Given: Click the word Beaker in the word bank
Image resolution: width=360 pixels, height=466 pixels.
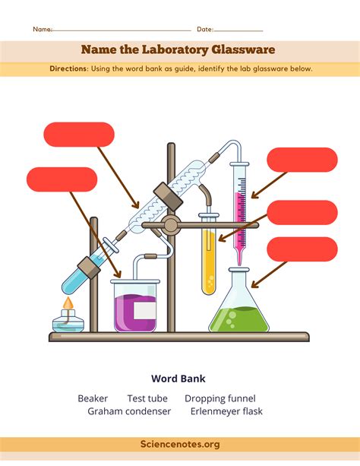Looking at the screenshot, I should pos(93,398).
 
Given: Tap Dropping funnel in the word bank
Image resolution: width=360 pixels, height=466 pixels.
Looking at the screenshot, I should pos(220,398).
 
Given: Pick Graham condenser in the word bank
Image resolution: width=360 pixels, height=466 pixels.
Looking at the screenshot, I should pos(126,411).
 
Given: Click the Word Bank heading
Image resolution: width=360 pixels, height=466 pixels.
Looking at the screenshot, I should pos(179,378).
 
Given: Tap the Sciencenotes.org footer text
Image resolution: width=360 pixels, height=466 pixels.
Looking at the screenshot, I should pos(180,443).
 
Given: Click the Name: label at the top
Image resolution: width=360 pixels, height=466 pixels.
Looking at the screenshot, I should pos(42,30).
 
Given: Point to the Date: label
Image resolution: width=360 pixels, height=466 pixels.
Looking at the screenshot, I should pos(205,30).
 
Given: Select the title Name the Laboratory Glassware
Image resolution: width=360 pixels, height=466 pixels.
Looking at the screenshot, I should pos(179,50).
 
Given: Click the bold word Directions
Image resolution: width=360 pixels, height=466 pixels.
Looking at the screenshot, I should pos(69,68).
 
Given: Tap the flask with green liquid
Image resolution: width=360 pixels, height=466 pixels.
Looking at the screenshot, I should pos(238,315).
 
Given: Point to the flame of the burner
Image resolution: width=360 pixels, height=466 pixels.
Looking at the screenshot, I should pos(68,305).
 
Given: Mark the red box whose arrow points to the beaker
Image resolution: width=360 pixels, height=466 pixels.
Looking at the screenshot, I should pos(62,179).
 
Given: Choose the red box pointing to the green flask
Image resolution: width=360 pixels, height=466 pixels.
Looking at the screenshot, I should pos(302,249).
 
